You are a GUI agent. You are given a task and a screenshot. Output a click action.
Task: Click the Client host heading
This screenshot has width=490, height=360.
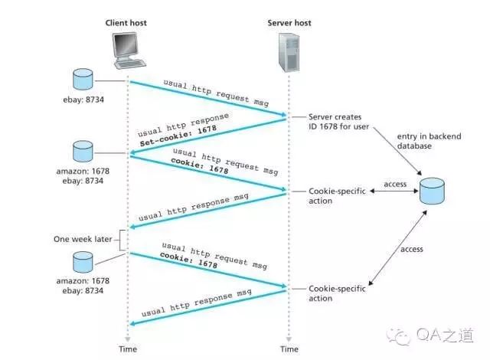pyautogui.click(x=126, y=23)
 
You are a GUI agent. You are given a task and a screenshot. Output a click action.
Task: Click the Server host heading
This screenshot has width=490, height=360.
pyautogui.click(x=289, y=23)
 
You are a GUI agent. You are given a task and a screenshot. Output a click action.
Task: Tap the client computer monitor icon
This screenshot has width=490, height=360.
pyautogui.click(x=128, y=51)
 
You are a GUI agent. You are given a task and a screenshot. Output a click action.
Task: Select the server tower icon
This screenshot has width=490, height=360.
pyautogui.click(x=289, y=53)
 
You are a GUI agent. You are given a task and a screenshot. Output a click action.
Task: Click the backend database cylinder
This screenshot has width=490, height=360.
pyautogui.click(x=432, y=191)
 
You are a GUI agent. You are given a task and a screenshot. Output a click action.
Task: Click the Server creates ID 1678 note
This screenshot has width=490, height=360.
pyautogui.click(x=338, y=122)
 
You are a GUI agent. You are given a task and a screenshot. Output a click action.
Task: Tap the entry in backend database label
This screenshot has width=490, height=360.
pyautogui.click(x=429, y=141)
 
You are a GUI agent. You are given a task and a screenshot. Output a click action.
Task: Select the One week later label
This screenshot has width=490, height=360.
pyautogui.click(x=83, y=239)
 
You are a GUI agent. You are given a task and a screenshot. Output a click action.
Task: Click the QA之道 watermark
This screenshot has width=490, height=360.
pyautogui.click(x=430, y=336)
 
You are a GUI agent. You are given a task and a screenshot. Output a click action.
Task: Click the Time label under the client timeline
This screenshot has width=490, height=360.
pyautogui.click(x=128, y=349)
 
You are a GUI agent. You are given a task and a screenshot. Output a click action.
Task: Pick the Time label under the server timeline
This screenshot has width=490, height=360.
pyautogui.click(x=289, y=349)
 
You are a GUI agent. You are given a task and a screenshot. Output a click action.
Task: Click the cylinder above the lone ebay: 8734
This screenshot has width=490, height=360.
pyautogui.click(x=83, y=79)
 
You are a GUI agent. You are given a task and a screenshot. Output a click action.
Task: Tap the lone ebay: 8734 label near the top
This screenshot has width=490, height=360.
pyautogui.click(x=83, y=100)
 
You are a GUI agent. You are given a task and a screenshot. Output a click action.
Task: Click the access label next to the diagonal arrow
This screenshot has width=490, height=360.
pyautogui.click(x=412, y=249)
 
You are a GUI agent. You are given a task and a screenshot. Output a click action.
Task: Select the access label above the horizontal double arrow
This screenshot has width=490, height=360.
pyautogui.click(x=395, y=184)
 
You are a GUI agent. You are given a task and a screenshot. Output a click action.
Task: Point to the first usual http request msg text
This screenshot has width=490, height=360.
pyautogui.click(x=216, y=93)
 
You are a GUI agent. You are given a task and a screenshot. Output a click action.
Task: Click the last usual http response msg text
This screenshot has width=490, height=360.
pyautogui.click(x=196, y=303)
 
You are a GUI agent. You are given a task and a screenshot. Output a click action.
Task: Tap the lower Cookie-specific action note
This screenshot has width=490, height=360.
pyautogui.click(x=337, y=293)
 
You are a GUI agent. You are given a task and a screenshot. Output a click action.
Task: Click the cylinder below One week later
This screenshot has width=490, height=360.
pyautogui.click(x=83, y=262)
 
